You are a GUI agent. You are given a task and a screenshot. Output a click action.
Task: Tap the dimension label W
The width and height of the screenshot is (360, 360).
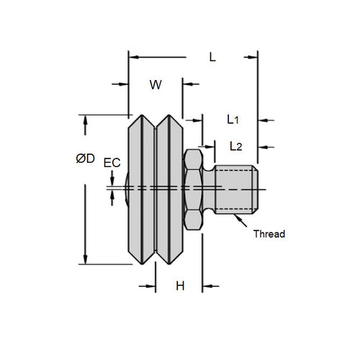pos(155,85)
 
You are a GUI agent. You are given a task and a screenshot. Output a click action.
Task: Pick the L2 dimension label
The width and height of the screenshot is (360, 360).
pos(235,146)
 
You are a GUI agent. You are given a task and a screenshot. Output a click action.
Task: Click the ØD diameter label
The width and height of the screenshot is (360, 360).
pos(85,158)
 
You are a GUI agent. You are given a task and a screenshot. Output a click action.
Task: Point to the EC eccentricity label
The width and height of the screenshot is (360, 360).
pos(112,163)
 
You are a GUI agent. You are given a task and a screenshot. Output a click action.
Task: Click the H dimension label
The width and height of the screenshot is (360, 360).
pos(180,286)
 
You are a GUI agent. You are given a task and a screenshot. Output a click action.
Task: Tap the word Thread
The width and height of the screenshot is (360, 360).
pos(270,234)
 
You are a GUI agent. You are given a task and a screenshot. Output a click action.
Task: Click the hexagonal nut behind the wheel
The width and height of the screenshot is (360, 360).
pos(193,189)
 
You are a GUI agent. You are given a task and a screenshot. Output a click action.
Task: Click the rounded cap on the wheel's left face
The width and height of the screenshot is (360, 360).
pos(126,189)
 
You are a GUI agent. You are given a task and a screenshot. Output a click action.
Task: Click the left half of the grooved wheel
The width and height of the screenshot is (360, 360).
pos(142,189)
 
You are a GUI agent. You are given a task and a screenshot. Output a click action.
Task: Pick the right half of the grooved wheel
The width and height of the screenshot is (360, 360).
pos(171,189)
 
